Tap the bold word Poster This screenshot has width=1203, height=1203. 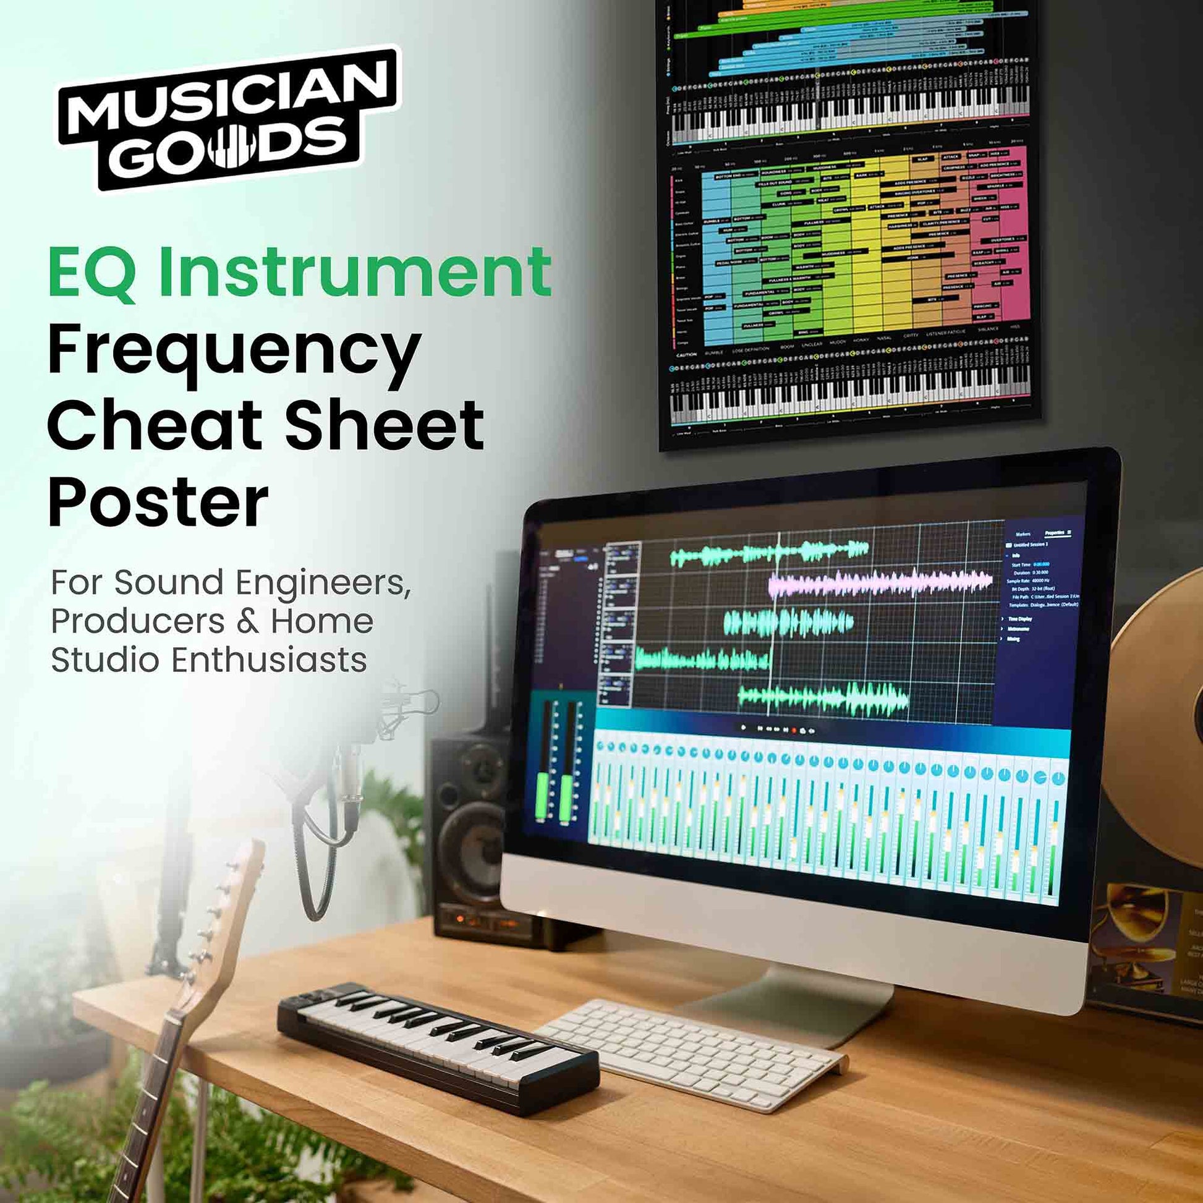coord(158,502)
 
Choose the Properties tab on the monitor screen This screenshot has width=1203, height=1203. coord(1054,533)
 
